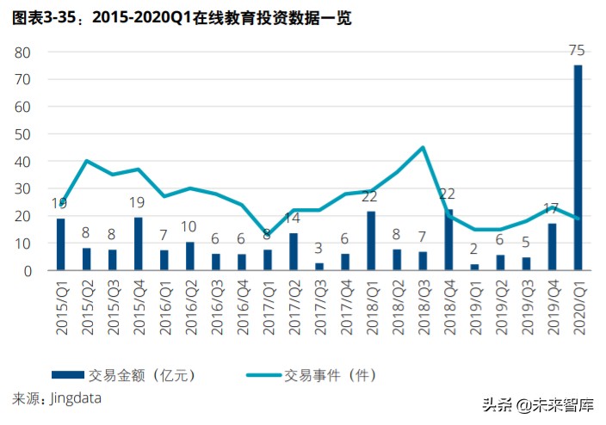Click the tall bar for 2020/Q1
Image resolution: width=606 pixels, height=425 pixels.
pyautogui.click(x=578, y=168)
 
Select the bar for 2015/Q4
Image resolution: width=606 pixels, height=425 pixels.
pyautogui.click(x=139, y=244)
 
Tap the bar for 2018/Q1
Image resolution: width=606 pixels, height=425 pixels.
pyautogui.click(x=371, y=241)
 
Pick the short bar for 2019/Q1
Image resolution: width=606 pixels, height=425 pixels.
pyautogui.click(x=474, y=267)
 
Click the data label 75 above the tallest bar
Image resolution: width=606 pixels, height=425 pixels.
pyautogui.click(x=578, y=51)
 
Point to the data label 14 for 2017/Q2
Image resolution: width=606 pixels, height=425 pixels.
pyautogui.click(x=293, y=218)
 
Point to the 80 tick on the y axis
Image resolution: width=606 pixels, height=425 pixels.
pyautogui.click(x=22, y=52)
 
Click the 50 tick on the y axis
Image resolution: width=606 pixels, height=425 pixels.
pyautogui.click(x=22, y=134)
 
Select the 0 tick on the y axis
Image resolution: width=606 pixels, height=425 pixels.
pyautogui.click(x=27, y=271)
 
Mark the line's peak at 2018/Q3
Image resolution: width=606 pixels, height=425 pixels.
pyautogui.click(x=423, y=147)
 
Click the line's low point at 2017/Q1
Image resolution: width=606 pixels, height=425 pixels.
pyautogui.click(x=268, y=235)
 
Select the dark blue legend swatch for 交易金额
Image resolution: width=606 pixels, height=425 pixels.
pyautogui.click(x=67, y=375)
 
